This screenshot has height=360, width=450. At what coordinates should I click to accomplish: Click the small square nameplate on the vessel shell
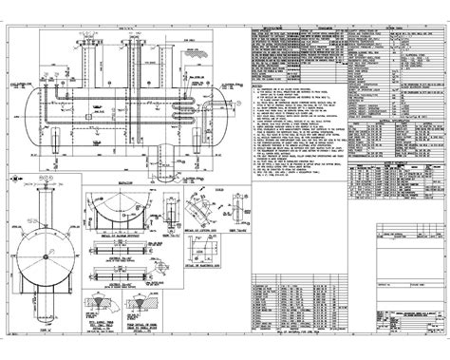click(x=87, y=117)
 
